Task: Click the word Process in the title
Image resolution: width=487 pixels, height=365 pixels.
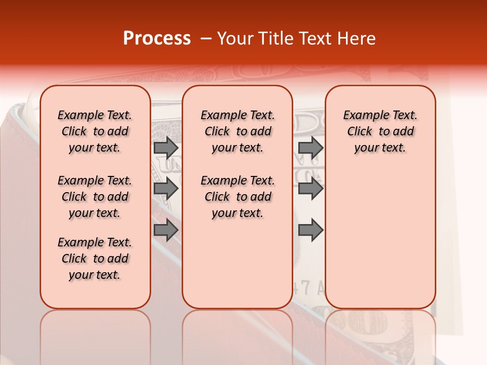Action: coord(157,39)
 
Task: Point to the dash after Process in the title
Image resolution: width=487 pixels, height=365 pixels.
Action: coord(206,39)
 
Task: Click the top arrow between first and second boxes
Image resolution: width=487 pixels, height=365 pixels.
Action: coord(166,148)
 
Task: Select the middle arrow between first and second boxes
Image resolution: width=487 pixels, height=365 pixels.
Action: coord(166,189)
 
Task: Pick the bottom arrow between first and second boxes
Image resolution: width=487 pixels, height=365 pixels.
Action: coord(166,230)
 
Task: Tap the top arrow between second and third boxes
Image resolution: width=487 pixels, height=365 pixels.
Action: coord(310,148)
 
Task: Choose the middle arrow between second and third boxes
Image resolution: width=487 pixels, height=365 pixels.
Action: coord(310,189)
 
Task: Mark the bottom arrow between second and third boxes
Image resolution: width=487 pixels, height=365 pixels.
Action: coord(310,230)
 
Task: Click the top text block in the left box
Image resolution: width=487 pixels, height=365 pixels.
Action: coord(95,131)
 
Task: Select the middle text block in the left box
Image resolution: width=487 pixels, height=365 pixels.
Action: coord(95,197)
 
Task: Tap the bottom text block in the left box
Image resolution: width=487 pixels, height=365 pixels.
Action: coord(95,259)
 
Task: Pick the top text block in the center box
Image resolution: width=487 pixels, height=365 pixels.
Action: coord(237,131)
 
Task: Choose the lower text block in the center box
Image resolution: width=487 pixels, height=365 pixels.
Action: coord(237,197)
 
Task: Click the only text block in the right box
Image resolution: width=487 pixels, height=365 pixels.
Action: coord(380,131)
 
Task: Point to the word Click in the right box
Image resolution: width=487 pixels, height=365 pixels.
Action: coord(360,132)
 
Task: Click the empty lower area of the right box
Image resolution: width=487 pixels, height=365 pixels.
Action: coord(380,238)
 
